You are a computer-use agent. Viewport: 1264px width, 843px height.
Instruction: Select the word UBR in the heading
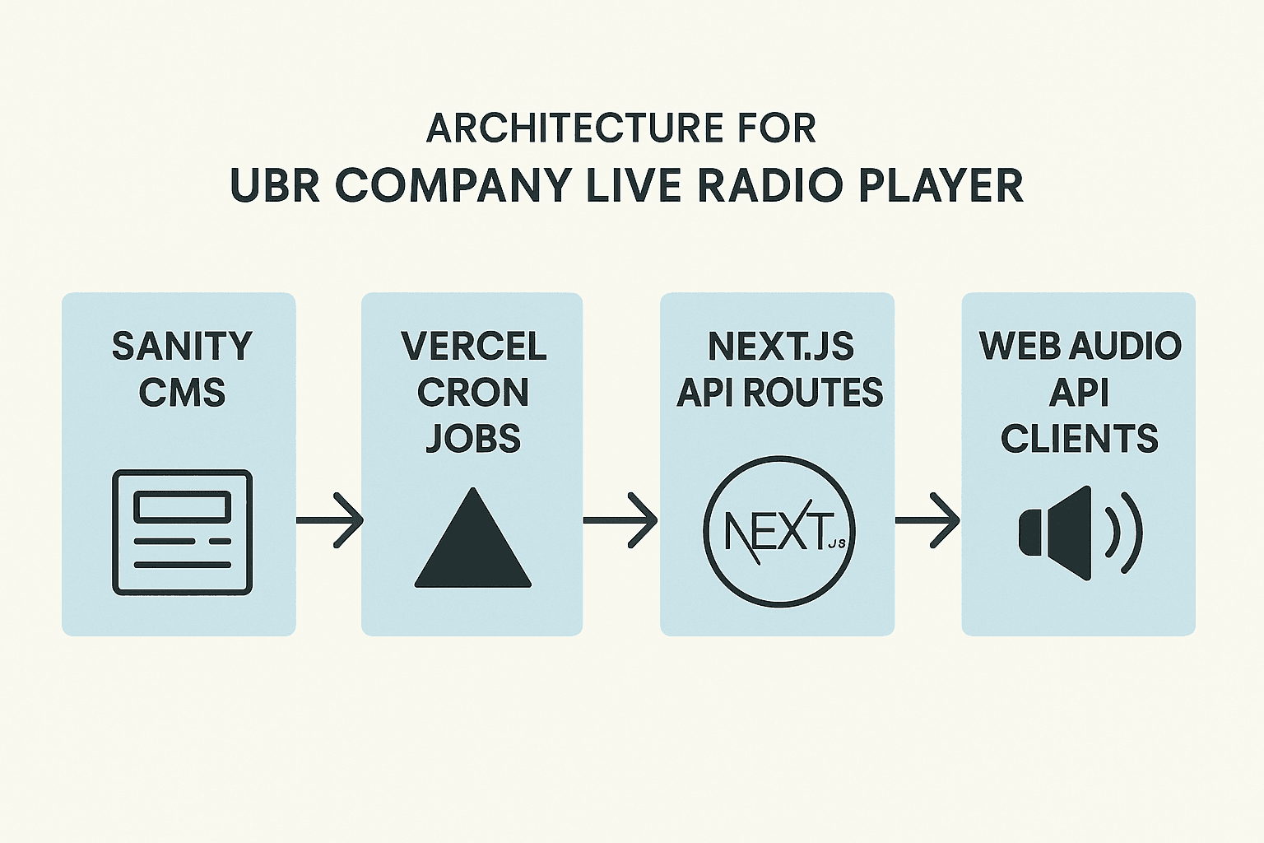pyautogui.click(x=275, y=185)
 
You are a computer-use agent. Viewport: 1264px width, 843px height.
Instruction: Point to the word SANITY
pyautogui.click(x=182, y=347)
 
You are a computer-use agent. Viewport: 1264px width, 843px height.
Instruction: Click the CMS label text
pyautogui.click(x=182, y=393)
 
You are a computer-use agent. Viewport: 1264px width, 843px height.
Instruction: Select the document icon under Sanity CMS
pyautogui.click(x=182, y=532)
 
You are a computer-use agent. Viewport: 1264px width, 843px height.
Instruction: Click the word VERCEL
pyautogui.click(x=473, y=347)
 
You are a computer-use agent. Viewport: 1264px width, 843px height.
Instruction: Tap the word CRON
pyautogui.click(x=473, y=393)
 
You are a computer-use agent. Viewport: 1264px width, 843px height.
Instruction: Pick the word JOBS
pyautogui.click(x=473, y=438)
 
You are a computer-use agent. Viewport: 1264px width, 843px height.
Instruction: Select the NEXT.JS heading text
pyautogui.click(x=780, y=347)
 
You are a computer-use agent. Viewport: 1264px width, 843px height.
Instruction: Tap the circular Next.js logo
pyautogui.click(x=779, y=531)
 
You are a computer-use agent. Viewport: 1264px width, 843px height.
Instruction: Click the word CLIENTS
pyautogui.click(x=1079, y=438)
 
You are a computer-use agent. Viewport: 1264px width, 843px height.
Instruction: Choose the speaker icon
pyautogui.click(x=1079, y=533)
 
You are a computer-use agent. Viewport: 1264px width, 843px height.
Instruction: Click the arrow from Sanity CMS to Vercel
pyautogui.click(x=330, y=520)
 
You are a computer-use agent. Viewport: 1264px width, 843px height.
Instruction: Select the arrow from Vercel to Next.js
pyautogui.click(x=620, y=520)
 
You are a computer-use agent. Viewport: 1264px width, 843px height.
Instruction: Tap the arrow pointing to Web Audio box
pyautogui.click(x=927, y=520)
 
